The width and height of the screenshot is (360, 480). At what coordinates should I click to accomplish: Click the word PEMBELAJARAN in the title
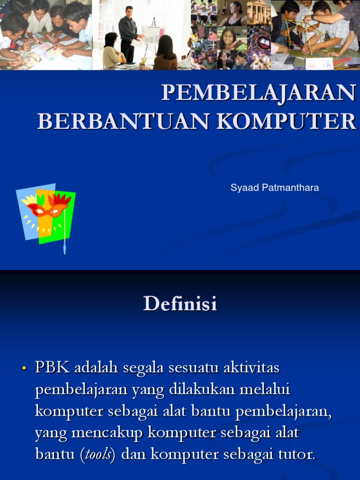coord(258,93)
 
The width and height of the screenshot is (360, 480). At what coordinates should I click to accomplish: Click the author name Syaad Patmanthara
coord(274,188)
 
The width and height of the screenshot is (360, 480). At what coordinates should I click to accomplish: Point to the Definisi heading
coord(180,304)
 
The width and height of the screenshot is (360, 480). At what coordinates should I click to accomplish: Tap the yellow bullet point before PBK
coord(24,369)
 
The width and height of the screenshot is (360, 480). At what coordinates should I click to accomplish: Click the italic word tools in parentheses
coord(98,455)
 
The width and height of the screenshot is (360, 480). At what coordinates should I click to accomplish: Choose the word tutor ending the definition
coord(298,455)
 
